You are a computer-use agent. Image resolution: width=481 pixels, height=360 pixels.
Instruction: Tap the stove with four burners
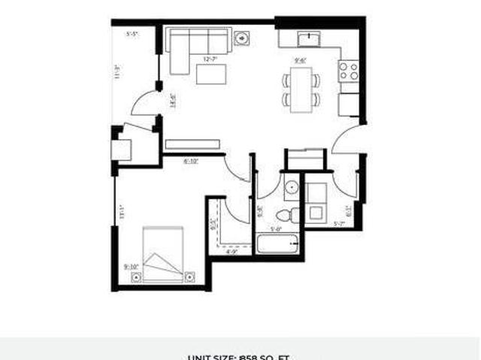pos(348,71)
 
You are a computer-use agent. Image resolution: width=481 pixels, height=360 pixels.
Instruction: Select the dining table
pos(301,89)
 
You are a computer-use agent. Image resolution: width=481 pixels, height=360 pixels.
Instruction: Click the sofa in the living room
pos(193,44)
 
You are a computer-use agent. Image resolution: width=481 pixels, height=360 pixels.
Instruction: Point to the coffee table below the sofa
pos(211,74)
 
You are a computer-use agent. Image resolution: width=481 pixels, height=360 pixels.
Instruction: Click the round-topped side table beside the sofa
pos(242,38)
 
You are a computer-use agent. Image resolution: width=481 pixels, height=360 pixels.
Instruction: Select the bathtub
pos(279,245)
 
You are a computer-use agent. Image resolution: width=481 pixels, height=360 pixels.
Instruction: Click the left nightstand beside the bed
pos(136,276)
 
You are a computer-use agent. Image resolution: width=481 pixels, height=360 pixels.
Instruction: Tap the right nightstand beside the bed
pos(191,276)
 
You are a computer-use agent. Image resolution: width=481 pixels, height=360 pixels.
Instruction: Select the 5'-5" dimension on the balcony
pos(133,35)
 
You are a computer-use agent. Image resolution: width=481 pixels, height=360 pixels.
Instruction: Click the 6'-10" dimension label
pos(191,160)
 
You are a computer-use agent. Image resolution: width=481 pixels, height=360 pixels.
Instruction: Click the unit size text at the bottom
pos(239,356)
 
